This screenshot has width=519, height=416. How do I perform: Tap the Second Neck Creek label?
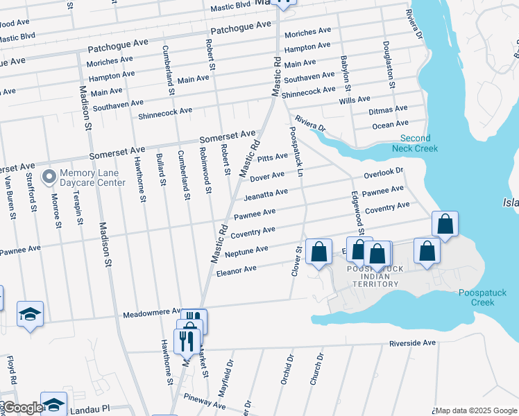tap(415, 144)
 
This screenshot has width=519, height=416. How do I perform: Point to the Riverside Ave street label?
tap(412, 343)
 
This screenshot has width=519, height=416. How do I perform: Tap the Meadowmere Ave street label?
tap(153, 313)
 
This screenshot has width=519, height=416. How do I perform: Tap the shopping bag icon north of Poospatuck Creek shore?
tap(445, 224)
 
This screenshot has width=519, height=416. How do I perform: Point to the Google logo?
tap(22, 408)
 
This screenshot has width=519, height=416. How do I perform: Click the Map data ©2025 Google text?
tap(477, 410)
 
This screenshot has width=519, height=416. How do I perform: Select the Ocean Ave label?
tap(390, 125)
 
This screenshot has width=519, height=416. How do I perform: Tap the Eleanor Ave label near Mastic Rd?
tap(236, 268)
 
